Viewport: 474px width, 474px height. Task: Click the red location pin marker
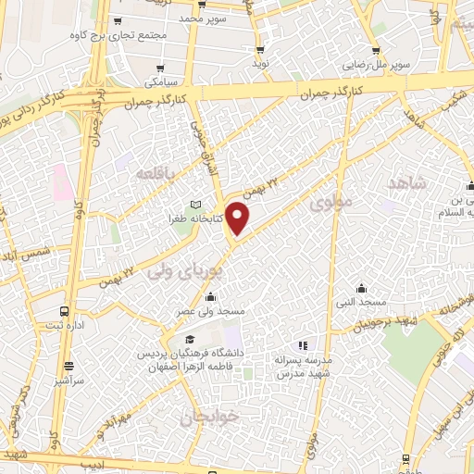click(238, 218)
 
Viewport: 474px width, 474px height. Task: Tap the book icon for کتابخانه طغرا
click(194, 205)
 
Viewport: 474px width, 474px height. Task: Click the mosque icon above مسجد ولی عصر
click(211, 297)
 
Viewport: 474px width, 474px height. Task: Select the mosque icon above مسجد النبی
click(362, 288)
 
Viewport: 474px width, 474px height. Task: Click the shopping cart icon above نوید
click(260, 50)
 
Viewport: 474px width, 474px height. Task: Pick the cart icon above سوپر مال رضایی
click(376, 52)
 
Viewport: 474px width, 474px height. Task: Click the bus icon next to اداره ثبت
click(64, 311)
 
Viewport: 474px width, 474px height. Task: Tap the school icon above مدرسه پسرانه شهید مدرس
click(303, 344)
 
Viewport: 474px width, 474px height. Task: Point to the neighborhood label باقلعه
click(155, 173)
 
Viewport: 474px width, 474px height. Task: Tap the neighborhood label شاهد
click(408, 183)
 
